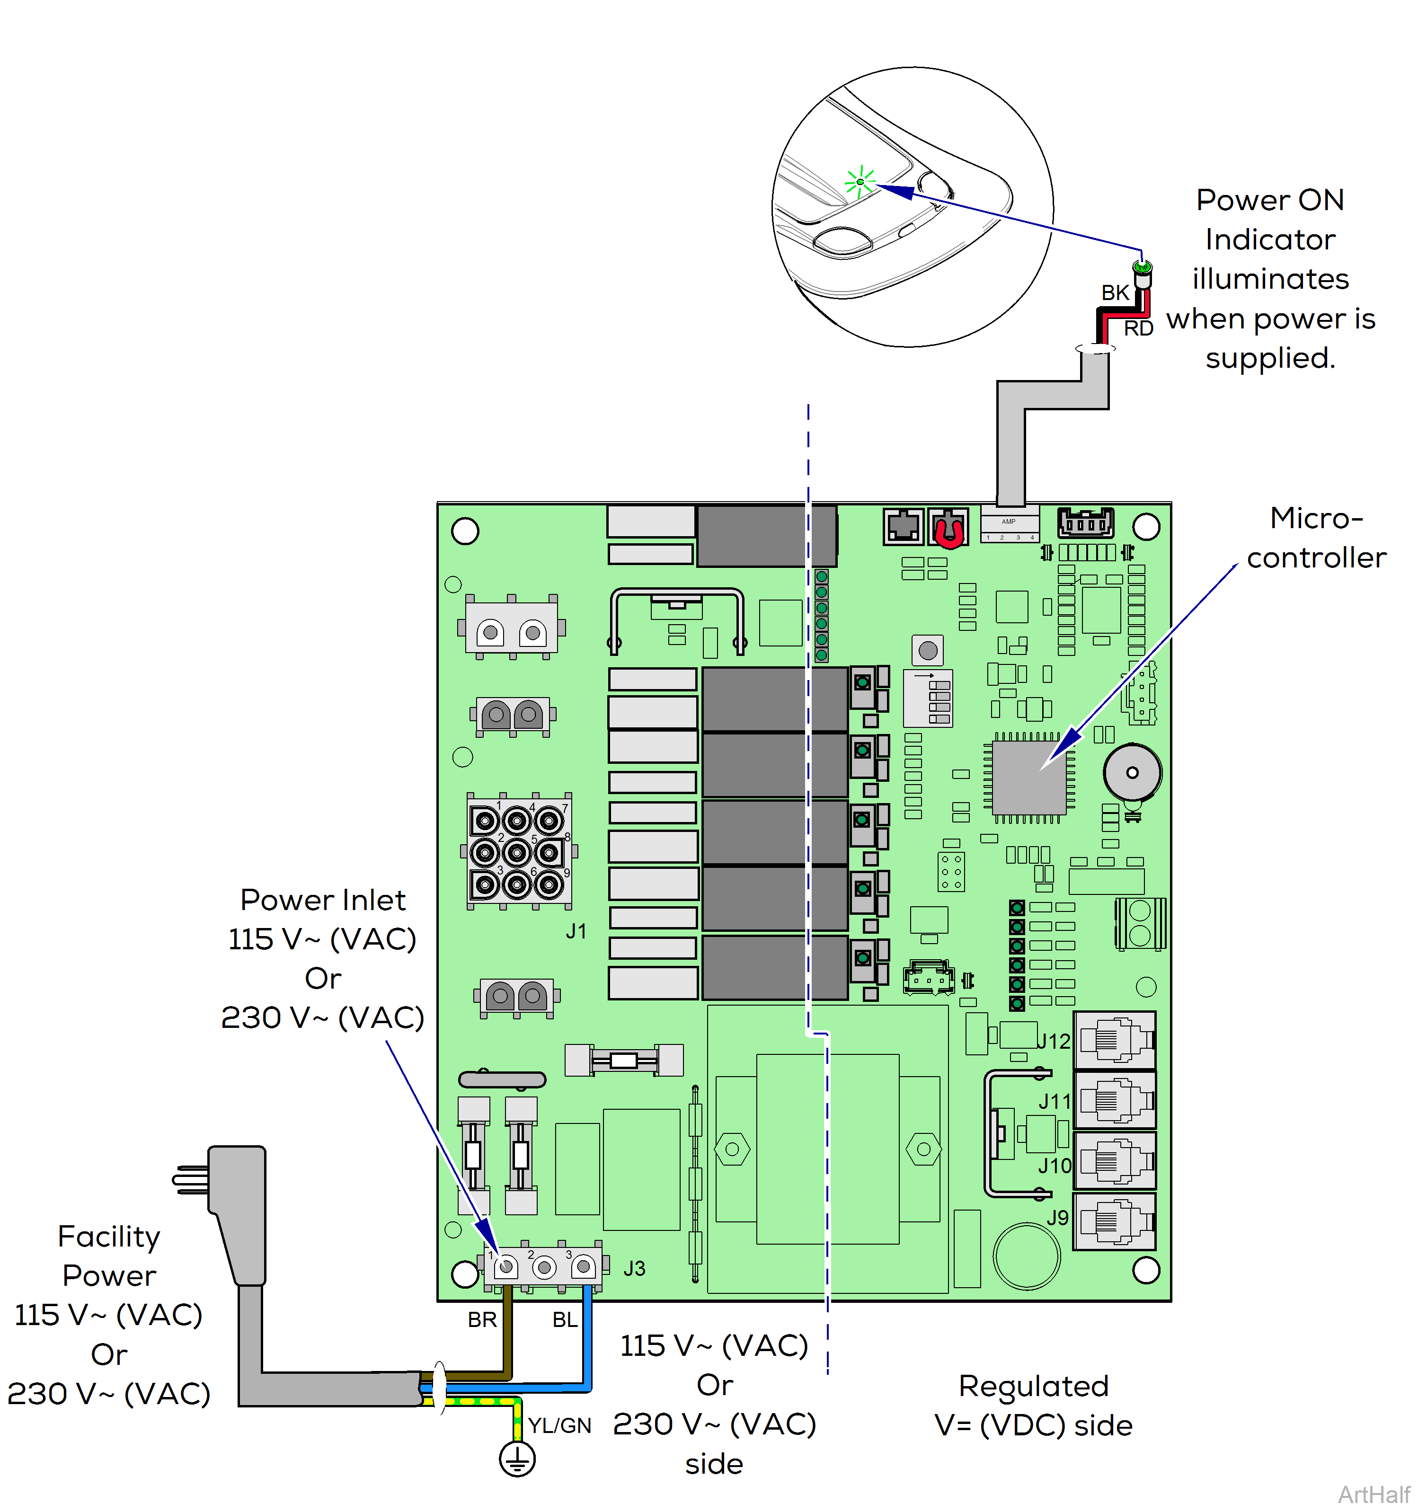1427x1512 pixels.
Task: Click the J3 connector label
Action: pyautogui.click(x=634, y=1269)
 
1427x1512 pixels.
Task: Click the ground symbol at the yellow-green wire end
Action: pyautogui.click(x=517, y=1459)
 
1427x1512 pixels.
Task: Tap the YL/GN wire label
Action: pyautogui.click(x=560, y=1425)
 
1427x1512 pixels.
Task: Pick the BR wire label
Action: pyautogui.click(x=482, y=1319)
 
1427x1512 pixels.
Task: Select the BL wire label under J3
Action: pyautogui.click(x=565, y=1319)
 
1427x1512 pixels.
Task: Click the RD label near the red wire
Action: pyautogui.click(x=1139, y=328)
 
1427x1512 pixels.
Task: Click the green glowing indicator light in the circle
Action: pyautogui.click(x=860, y=182)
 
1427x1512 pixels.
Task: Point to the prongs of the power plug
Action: pyautogui.click(x=191, y=1179)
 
